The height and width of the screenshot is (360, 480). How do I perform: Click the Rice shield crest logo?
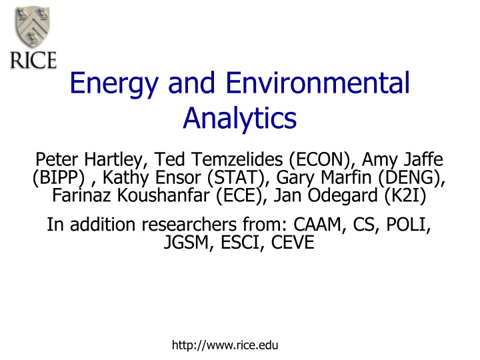coord(33,27)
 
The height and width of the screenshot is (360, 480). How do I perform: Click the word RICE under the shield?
coord(33,60)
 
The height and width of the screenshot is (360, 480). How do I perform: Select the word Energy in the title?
coord(114,83)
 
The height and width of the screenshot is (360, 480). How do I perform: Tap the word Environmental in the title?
coord(318,83)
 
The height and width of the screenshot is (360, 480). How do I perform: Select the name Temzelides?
coord(237,159)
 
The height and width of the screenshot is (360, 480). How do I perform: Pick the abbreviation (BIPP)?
coord(59,177)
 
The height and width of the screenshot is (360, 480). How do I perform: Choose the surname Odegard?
coord(343,196)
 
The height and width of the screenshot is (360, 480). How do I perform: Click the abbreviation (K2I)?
coord(405,195)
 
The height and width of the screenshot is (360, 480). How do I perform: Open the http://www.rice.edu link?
coord(225,345)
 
